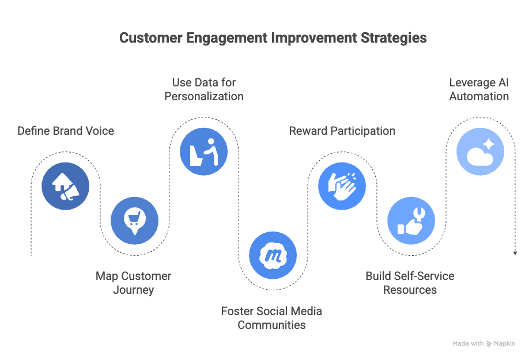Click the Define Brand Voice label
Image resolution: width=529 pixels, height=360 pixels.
66,131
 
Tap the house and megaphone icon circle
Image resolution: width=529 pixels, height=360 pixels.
66,186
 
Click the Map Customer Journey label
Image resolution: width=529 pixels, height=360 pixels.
133,283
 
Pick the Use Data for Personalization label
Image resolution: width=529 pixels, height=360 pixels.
204,89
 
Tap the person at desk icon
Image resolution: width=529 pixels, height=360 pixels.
203,151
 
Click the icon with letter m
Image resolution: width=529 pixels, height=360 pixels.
273,255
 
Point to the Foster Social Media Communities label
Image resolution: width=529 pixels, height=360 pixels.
271,318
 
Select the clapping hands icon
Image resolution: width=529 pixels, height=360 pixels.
342,186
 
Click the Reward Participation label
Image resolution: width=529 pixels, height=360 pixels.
342,131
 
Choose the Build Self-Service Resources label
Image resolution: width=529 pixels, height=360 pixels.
410,283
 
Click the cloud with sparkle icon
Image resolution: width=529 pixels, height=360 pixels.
480,151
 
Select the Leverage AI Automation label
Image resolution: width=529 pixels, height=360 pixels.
479,89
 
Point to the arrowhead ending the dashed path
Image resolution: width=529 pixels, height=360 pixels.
515,253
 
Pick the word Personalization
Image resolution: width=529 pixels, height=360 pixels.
204,96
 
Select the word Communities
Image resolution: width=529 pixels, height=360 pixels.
271,325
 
